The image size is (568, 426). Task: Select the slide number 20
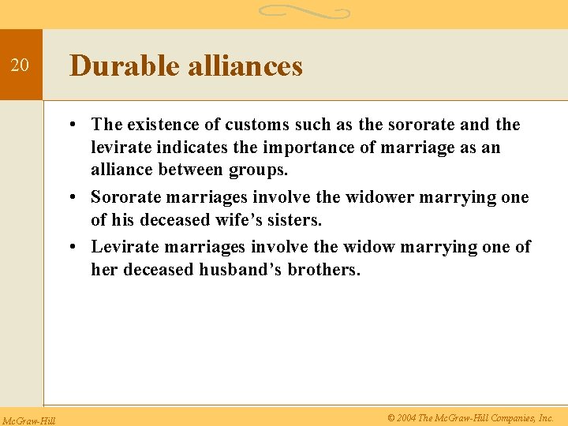pyautogui.click(x=21, y=65)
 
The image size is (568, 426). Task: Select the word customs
pyautogui.click(x=253, y=125)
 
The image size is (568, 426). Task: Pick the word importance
pyautogui.click(x=301, y=148)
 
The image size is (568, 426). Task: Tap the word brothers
pyautogui.click(x=327, y=270)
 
